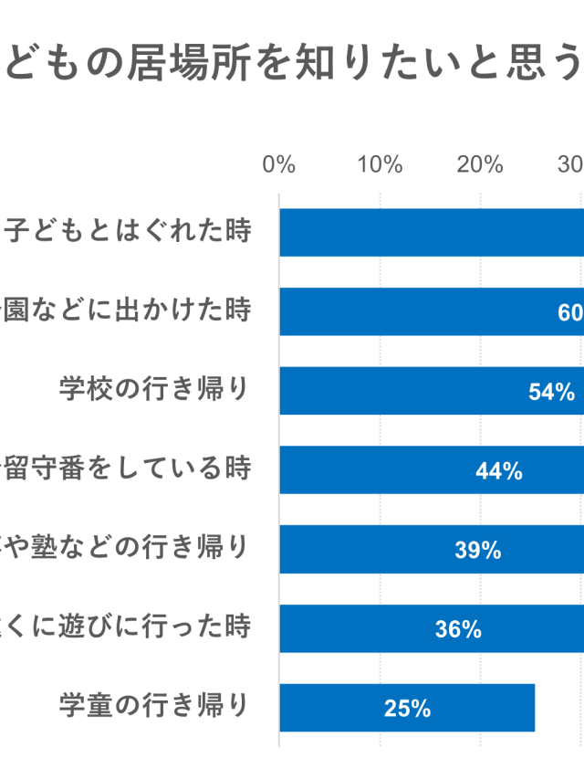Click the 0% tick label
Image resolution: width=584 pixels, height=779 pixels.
(x=279, y=164)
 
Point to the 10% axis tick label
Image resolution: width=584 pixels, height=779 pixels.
(x=380, y=164)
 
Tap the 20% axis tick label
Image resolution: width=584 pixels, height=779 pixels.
(x=480, y=164)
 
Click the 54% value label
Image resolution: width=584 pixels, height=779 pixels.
(x=551, y=392)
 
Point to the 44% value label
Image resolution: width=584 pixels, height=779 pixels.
(x=499, y=471)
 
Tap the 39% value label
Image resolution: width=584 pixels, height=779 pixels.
(x=477, y=550)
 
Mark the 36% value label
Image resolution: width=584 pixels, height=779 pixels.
(x=458, y=629)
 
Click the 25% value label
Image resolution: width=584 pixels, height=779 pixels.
(x=407, y=708)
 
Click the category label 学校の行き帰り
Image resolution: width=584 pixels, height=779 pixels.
(x=154, y=389)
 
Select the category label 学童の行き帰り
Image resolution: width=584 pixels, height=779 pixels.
(x=154, y=706)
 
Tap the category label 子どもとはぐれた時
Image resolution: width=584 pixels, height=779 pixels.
(x=126, y=231)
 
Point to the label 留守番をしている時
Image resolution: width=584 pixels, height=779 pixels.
(x=126, y=468)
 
